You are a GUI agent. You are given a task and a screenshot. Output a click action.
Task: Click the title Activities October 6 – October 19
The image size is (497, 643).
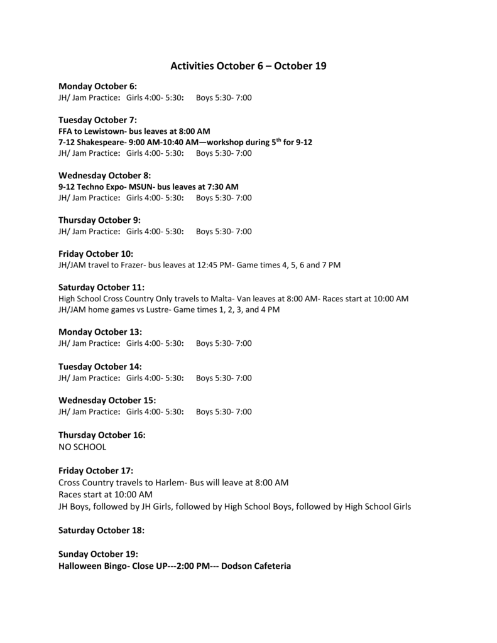click(248, 65)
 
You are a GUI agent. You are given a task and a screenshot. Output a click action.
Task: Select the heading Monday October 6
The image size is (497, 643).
click(97, 86)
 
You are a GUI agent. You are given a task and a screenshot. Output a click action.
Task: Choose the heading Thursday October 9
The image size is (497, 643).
click(99, 220)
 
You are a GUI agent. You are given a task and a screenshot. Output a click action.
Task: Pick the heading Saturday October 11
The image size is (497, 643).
click(101, 287)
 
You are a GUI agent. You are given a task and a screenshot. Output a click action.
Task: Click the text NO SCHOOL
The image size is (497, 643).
click(82, 447)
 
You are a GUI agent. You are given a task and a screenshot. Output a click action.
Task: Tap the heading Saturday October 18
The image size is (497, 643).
click(101, 530)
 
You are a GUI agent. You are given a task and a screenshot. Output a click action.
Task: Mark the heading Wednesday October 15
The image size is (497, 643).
click(107, 400)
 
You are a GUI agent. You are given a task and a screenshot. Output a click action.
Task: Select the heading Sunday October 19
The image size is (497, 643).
click(98, 554)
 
